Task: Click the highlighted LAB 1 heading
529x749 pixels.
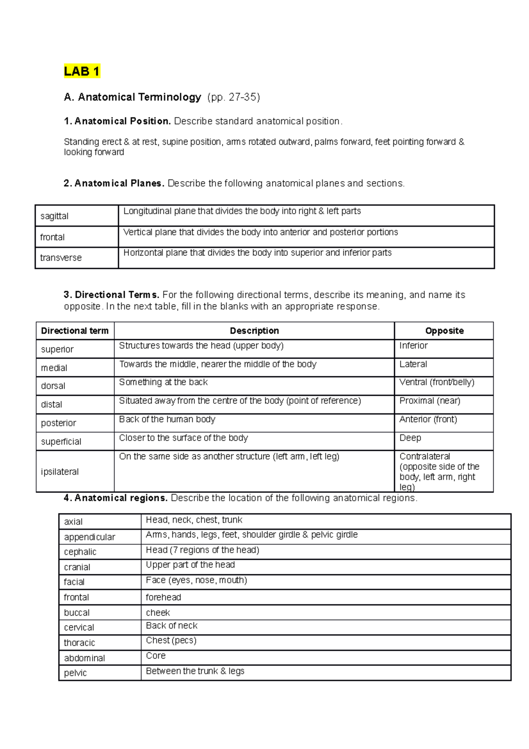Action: tap(82, 71)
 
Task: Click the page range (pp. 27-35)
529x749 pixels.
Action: tap(234, 97)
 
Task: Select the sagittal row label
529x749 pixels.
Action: tap(54, 216)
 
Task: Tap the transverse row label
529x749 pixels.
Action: tap(61, 258)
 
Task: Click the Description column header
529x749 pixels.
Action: tap(254, 331)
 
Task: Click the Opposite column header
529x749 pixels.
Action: tap(444, 331)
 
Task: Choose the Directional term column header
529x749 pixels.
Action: tap(75, 331)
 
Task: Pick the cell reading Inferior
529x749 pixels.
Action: tap(414, 346)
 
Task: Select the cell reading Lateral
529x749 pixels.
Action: tap(413, 364)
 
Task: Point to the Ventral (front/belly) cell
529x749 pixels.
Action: tap(436, 382)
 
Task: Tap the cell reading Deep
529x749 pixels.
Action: tap(410, 438)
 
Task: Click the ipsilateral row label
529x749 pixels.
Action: tap(60, 472)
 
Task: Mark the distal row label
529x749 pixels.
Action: tap(52, 404)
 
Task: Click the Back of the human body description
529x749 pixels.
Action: tap(167, 419)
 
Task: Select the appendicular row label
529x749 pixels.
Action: tap(89, 537)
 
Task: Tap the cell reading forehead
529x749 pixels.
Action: tap(164, 597)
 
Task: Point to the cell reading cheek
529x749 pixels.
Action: tap(158, 613)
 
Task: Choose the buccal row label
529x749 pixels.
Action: tap(77, 613)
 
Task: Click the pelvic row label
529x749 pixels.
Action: tap(75, 673)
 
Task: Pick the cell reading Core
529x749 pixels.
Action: tap(156, 656)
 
